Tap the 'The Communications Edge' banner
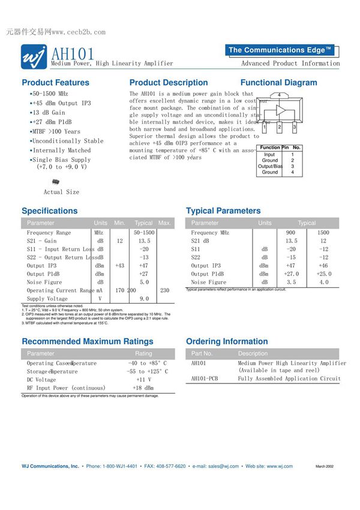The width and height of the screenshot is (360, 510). point(280,50)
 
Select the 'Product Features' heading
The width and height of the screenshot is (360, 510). point(55,83)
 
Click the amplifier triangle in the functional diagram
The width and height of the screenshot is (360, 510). point(280,110)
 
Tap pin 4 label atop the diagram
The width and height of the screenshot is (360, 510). point(279,95)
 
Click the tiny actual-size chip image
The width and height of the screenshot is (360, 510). point(56,181)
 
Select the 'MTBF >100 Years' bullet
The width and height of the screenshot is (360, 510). point(56,131)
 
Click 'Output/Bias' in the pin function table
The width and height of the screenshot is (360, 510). point(270,166)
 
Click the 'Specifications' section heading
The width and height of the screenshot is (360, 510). point(50,211)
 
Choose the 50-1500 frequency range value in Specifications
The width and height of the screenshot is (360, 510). point(144,233)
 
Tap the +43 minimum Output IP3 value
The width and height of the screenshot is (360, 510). point(119,266)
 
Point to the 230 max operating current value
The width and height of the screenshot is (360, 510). point(164,290)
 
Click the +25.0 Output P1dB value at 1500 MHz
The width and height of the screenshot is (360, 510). point(323,274)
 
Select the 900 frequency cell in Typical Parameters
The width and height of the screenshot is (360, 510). point(290,233)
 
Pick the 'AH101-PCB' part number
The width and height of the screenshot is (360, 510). point(205,379)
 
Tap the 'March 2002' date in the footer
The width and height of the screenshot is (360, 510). point(325,466)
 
